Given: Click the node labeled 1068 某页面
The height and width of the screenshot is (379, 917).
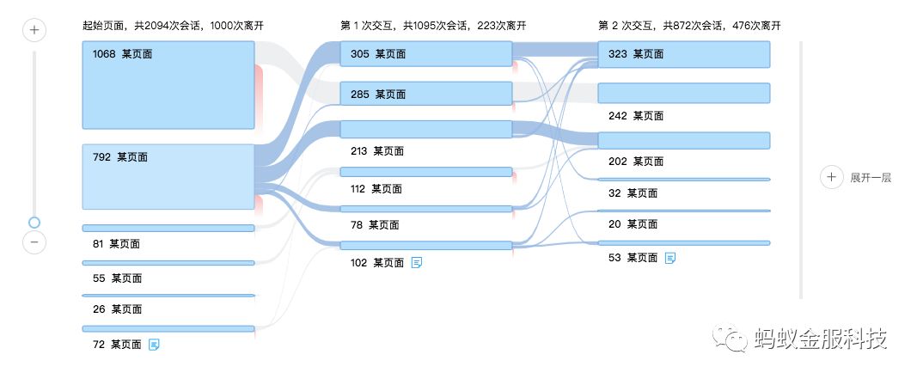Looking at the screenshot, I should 168,85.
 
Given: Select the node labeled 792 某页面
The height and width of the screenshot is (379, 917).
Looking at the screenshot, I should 168,176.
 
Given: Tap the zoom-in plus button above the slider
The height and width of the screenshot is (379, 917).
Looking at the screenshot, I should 34,31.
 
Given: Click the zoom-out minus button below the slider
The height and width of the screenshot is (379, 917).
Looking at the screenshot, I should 34,242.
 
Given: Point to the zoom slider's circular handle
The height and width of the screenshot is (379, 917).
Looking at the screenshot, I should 34,223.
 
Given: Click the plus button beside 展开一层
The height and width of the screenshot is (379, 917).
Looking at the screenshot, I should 831,178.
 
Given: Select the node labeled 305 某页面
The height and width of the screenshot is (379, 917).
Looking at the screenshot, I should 426,54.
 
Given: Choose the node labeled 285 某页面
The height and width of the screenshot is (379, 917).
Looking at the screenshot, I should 426,94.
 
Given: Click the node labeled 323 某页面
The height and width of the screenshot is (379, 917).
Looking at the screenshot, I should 683,54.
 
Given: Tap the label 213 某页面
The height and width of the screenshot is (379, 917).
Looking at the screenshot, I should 376,151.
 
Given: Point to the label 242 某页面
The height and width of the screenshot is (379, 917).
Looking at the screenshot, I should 635,115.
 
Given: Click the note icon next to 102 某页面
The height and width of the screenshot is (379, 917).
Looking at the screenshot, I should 417,263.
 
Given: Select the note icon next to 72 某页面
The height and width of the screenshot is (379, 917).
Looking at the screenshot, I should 155,345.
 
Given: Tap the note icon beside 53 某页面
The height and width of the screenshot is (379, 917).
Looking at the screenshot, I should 670,258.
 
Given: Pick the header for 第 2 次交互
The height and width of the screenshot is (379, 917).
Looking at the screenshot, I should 689,26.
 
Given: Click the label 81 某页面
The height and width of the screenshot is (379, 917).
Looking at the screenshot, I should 116,244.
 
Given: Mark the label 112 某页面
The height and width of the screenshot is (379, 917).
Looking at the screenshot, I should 376,189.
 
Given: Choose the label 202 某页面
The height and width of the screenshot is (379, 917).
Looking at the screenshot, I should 635,161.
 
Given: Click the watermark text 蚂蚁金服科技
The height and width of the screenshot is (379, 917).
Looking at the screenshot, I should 819,339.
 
